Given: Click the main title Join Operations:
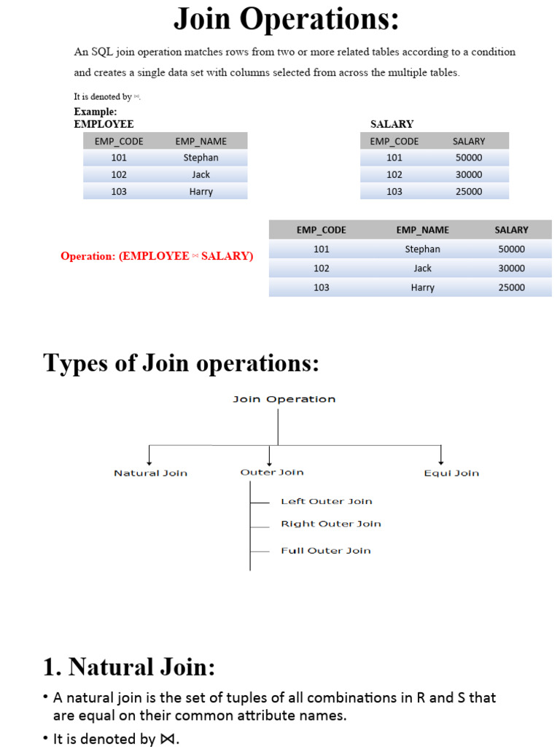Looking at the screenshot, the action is coord(286,20).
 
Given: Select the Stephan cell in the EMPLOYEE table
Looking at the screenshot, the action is coord(201,158).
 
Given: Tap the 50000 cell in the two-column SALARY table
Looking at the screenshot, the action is coord(468,158).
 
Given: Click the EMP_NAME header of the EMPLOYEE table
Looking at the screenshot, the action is coord(201,142).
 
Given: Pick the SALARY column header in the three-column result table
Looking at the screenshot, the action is coord(511,230).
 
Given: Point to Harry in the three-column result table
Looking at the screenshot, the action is coord(422,287).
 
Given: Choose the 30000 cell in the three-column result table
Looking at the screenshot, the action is coord(511,268).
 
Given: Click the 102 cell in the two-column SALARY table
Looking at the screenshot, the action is coord(394,174).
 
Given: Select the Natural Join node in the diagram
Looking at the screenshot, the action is coord(150,473).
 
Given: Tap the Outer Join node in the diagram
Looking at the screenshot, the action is coord(272,473).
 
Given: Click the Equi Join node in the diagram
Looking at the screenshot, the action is coord(451,473).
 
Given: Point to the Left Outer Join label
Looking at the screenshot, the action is coord(327,502).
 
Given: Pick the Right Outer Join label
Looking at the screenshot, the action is coord(331,524).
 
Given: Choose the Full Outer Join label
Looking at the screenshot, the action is coord(326,551).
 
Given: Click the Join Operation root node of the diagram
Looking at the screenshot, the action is coord(284,400).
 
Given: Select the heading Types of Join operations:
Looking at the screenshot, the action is coord(182,363).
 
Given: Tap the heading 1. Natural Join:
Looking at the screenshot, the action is coord(129,667).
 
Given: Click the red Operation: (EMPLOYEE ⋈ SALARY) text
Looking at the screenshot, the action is coord(157,257).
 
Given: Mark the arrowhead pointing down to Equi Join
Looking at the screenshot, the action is coord(440,461).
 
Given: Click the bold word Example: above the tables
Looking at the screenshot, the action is coord(96,112).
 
